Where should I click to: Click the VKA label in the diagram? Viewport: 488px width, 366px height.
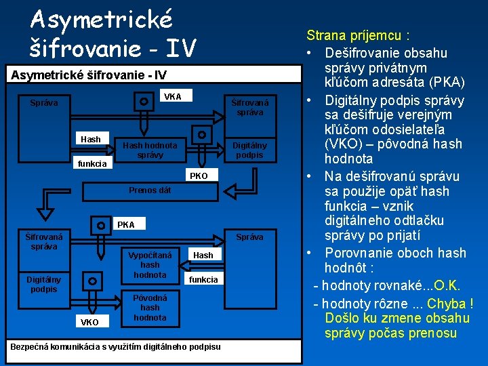(173, 97)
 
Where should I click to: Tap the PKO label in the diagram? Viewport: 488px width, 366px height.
(199, 176)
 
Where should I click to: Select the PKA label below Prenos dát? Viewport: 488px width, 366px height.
(126, 224)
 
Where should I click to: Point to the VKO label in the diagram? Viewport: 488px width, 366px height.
(89, 322)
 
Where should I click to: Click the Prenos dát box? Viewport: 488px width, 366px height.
(150, 190)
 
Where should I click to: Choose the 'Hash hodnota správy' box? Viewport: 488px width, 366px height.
(150, 150)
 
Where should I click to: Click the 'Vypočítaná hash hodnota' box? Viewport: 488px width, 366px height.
(150, 264)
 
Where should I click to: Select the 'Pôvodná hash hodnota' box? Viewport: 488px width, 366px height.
(150, 307)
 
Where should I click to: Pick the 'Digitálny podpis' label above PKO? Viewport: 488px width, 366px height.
(249, 150)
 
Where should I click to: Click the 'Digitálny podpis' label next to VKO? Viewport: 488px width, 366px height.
(43, 284)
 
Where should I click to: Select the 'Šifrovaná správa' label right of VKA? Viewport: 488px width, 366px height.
(249, 107)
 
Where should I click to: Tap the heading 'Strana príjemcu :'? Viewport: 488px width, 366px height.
(359, 35)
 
